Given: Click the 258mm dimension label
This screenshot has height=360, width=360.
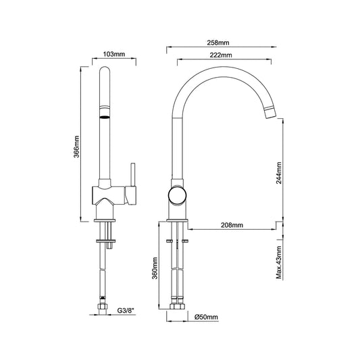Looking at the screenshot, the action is pyautogui.click(x=218, y=43).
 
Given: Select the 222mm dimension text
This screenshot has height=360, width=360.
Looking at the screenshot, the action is pyautogui.click(x=221, y=55).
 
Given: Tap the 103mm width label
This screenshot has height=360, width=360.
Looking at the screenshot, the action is pyautogui.click(x=114, y=54).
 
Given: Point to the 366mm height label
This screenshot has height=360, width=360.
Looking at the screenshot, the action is pyautogui.click(x=76, y=147).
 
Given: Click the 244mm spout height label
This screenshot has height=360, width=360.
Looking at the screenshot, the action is pyautogui.click(x=279, y=173).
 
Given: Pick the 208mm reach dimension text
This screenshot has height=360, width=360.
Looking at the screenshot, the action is pyautogui.click(x=232, y=225).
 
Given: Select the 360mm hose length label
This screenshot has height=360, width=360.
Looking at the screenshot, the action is pyautogui.click(x=155, y=268).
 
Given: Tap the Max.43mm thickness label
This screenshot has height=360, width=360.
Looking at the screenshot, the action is pyautogui.click(x=279, y=263).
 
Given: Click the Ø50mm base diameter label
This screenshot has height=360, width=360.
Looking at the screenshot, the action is pyautogui.click(x=206, y=317).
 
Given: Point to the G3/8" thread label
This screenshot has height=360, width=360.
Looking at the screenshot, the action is pyautogui.click(x=126, y=311).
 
